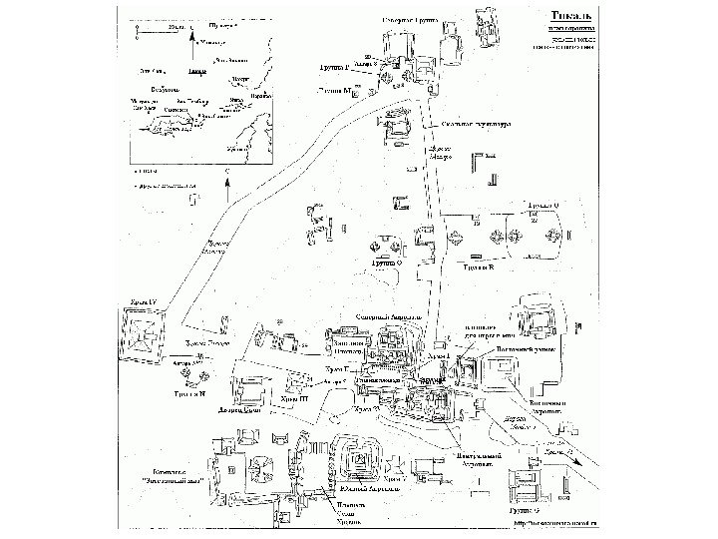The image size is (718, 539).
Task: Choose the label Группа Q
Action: pos(542,205)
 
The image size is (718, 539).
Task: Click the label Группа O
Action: pos(386,263)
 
